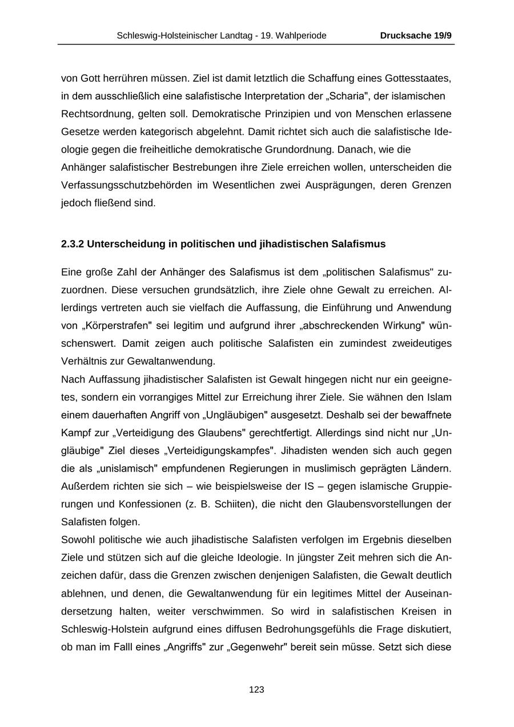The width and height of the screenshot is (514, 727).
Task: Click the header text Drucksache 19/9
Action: click(416, 35)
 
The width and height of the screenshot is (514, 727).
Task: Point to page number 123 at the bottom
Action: click(257, 690)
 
